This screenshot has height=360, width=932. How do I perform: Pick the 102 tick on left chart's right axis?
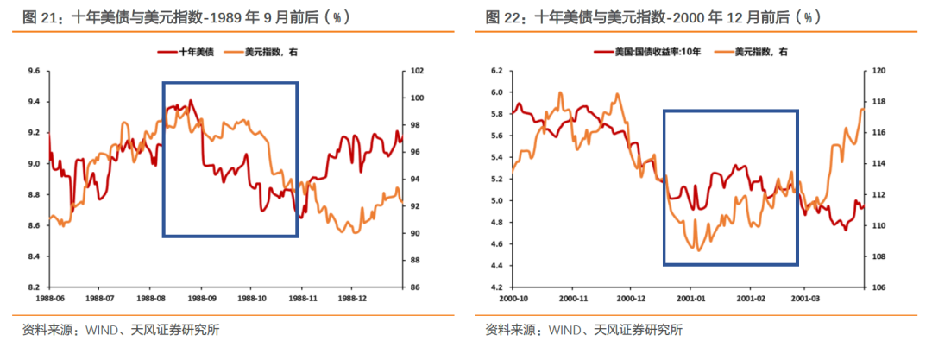[x=417, y=71]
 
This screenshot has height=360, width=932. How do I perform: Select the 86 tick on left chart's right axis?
[x=415, y=287]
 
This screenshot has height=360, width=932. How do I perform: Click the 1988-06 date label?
[x=50, y=299]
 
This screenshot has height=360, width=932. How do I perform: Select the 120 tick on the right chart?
[x=879, y=71]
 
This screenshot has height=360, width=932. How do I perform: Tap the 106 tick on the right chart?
[x=879, y=287]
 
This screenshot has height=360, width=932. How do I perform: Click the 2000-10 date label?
[x=514, y=299]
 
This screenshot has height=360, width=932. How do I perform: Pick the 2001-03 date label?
[x=804, y=299]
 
